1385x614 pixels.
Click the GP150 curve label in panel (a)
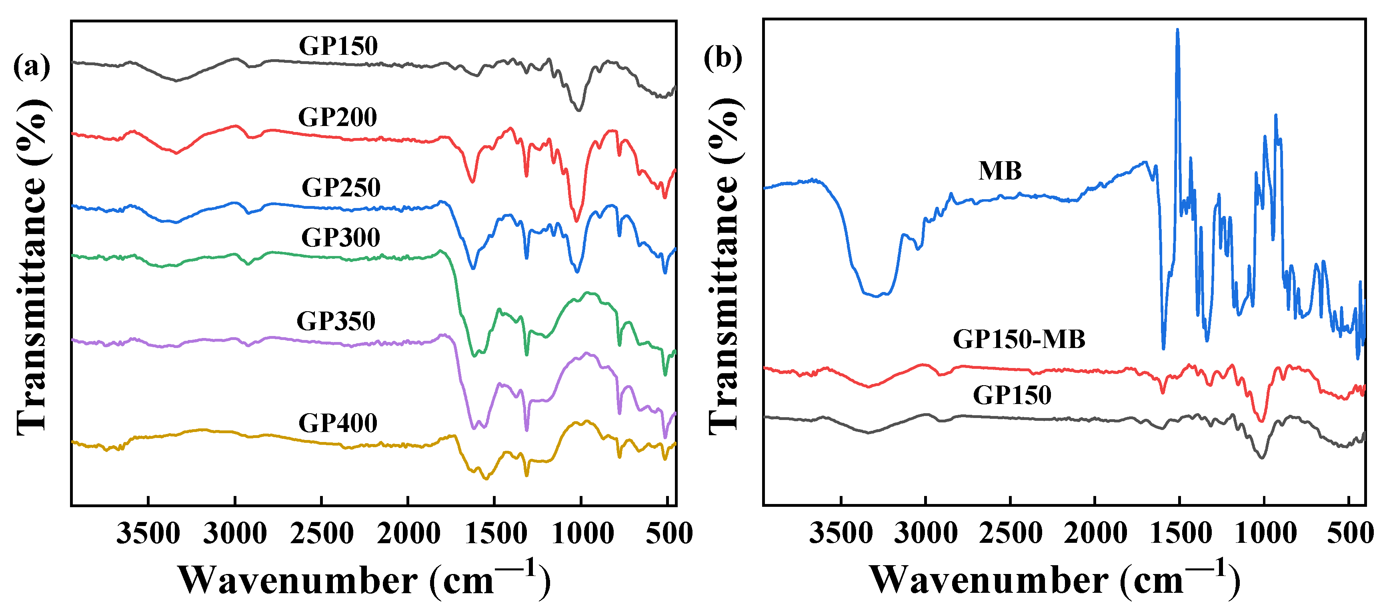click(338, 46)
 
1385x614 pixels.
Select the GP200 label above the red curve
click(338, 117)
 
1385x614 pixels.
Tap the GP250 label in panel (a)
click(341, 188)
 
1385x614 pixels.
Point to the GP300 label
click(340, 237)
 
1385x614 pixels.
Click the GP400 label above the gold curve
click(338, 423)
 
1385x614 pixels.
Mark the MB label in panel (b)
click(999, 171)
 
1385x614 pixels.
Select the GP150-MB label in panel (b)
click(1019, 339)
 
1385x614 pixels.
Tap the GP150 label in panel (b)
click(1012, 395)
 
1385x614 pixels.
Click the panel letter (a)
click(31, 67)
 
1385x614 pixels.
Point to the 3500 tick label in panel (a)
click(148, 534)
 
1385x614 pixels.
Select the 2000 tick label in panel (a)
click(408, 534)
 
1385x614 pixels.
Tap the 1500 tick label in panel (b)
click(1180, 534)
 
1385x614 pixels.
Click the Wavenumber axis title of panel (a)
click(364, 580)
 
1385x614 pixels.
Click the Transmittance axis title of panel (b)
click(724, 266)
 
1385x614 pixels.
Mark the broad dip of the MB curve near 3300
click(877, 295)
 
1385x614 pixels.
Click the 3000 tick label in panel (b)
click(925, 534)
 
